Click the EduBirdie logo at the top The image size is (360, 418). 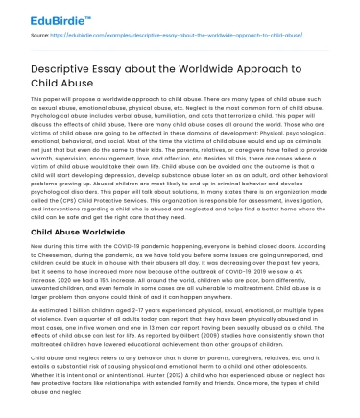[46, 15]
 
